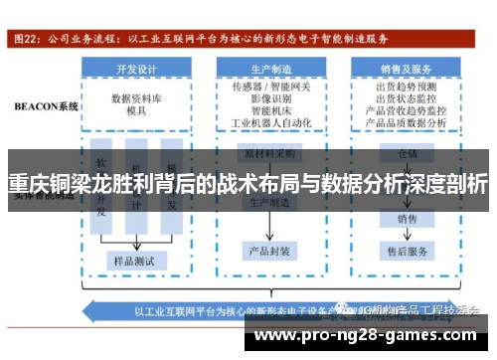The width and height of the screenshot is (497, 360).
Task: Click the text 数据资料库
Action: pos(138,99)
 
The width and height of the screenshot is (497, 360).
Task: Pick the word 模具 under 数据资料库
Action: pos(138,112)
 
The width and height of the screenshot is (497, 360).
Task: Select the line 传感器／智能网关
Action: pos(271,88)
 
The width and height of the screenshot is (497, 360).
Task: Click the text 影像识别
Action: pos(271,99)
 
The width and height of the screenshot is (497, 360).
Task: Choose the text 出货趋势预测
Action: pos(407,88)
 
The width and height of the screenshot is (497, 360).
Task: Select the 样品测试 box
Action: pos(138,260)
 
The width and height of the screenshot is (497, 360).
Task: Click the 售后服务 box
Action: pos(407,251)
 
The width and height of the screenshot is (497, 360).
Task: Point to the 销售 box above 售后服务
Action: pos(407,218)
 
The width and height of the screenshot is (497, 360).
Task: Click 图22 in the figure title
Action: pos(26,41)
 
